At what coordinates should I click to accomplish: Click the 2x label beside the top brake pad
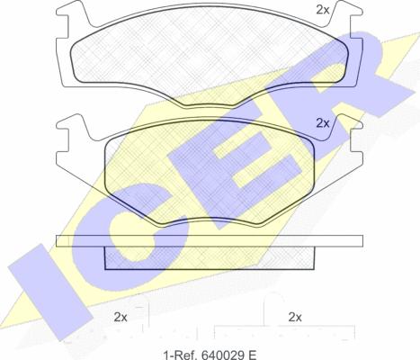point(323,10)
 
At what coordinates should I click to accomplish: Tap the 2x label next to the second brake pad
point(323,123)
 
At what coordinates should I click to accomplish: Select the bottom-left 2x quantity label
point(121,317)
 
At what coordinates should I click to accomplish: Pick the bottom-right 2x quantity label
point(295,317)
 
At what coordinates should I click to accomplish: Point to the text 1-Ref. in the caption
point(181,355)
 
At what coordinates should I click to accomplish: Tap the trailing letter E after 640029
point(253,355)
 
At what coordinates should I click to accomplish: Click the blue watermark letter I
point(49,291)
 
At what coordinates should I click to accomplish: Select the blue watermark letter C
point(126,237)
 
